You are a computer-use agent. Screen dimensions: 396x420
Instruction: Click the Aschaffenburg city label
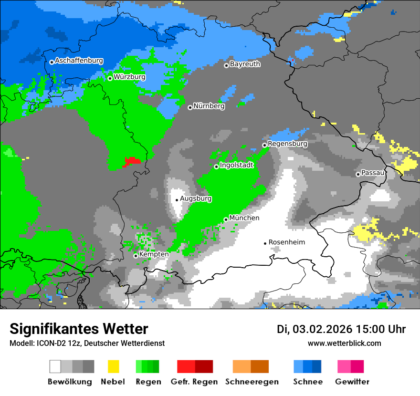click(x=79, y=61)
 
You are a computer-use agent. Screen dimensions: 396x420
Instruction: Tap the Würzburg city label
click(x=129, y=77)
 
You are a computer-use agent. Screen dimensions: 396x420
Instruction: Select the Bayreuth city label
click(x=245, y=64)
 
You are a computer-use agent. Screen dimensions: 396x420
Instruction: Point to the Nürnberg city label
click(x=209, y=106)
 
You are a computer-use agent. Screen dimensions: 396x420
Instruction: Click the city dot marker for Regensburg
click(x=264, y=145)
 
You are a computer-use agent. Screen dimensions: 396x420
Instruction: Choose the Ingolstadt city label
click(x=236, y=165)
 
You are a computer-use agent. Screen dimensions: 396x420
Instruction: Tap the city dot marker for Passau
click(x=358, y=174)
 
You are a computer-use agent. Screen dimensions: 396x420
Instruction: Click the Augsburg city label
click(x=196, y=198)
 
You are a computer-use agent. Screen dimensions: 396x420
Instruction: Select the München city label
click(x=244, y=218)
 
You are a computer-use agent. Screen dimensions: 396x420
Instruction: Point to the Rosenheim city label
click(x=286, y=242)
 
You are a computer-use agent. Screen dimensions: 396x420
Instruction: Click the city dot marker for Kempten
click(x=136, y=256)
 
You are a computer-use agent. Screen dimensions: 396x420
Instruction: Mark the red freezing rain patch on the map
click(x=132, y=161)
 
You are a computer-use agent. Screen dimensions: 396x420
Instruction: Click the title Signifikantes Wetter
click(x=79, y=329)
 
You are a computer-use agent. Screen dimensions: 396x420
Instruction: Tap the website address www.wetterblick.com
click(x=344, y=344)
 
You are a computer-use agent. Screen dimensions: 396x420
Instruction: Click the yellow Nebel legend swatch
click(x=113, y=366)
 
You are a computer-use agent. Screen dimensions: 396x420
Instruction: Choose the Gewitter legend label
click(x=352, y=382)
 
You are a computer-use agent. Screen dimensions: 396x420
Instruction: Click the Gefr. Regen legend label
click(x=194, y=382)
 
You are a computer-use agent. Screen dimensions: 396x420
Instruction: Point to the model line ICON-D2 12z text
click(x=87, y=344)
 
